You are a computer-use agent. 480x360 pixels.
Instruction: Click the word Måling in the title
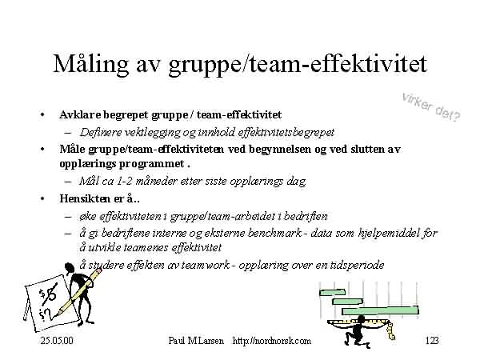(x=91, y=65)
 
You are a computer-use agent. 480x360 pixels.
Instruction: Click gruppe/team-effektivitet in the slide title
(x=298, y=65)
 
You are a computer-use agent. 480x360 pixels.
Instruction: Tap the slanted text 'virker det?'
(x=431, y=107)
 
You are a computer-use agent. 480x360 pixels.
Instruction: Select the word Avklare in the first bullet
(x=80, y=114)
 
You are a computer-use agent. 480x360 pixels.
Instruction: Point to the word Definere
(x=97, y=132)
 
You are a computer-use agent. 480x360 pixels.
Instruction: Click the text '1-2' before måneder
(x=124, y=182)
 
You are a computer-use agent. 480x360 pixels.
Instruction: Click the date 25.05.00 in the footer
(x=57, y=341)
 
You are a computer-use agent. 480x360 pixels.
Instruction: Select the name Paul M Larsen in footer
(x=196, y=341)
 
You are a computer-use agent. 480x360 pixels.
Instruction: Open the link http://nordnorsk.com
(x=272, y=341)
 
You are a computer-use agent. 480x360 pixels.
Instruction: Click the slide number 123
(x=432, y=341)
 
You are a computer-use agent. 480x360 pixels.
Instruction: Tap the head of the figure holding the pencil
(x=69, y=267)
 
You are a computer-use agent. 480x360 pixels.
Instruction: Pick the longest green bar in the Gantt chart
(x=380, y=310)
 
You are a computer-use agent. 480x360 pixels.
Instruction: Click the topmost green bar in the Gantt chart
(x=333, y=292)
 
